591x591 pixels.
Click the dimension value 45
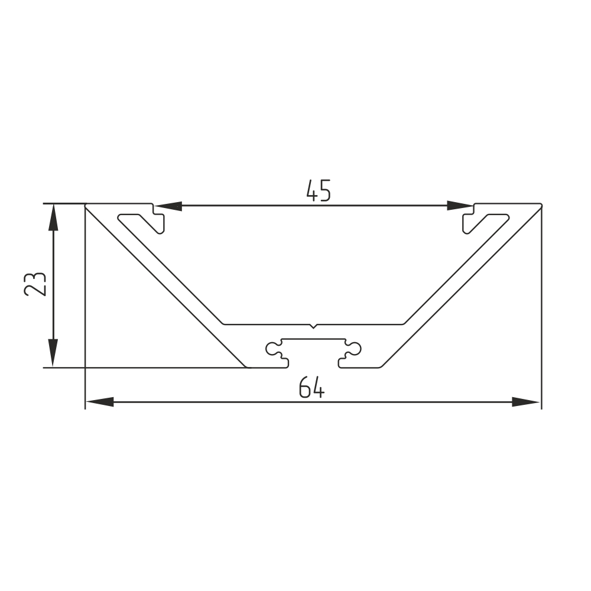[x=319, y=190]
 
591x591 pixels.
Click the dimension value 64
[x=311, y=387]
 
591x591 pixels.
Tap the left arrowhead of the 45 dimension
[x=168, y=206]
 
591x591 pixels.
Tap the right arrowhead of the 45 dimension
[x=460, y=206]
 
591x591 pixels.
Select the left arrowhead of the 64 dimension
[x=100, y=402]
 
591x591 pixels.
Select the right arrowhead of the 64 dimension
[x=526, y=402]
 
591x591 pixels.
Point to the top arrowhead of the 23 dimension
[x=54, y=217]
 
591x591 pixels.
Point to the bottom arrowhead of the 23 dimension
[x=54, y=353]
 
